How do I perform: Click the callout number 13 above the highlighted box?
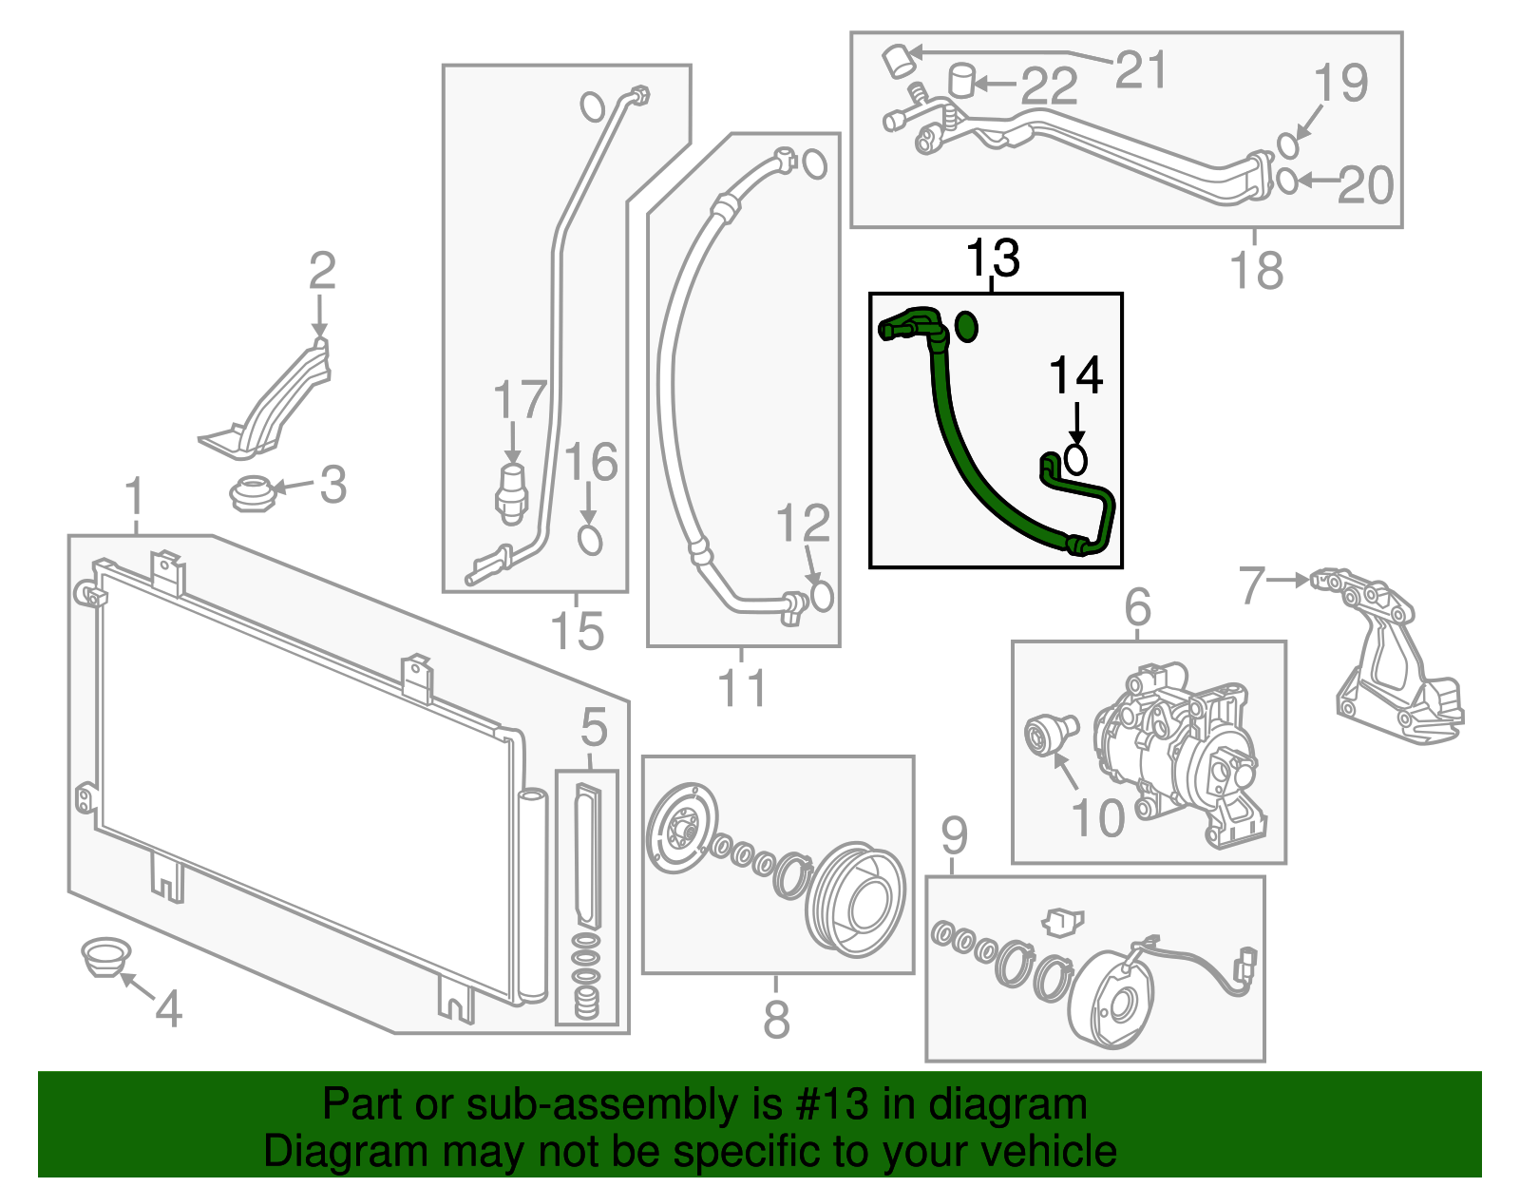point(993,258)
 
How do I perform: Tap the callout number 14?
point(1075,376)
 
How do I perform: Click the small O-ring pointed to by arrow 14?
point(1075,460)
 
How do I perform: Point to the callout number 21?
point(1140,69)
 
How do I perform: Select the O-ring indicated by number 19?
point(1287,145)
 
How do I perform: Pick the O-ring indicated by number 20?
point(1286,180)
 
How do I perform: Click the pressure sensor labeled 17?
point(512,491)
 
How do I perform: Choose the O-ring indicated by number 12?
point(822,596)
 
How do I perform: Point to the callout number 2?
point(322,271)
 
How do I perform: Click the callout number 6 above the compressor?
point(1137,607)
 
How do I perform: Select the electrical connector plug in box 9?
point(1244,965)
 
